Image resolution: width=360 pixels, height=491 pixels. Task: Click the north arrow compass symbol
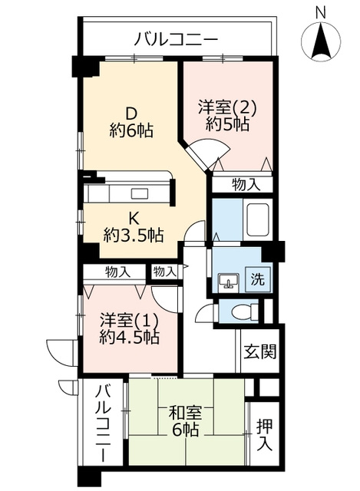point(321,41)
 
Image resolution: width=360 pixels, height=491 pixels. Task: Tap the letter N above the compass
point(320,12)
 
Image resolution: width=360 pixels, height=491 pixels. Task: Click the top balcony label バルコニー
point(176,40)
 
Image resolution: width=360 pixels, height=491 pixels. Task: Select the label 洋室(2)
point(227,108)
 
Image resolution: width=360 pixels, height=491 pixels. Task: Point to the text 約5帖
point(227,124)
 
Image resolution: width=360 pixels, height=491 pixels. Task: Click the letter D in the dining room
point(131,114)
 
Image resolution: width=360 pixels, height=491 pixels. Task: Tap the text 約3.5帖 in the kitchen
point(134,235)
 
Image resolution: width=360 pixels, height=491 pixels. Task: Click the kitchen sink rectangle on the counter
point(139,193)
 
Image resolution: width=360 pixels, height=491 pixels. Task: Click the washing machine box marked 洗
point(257,279)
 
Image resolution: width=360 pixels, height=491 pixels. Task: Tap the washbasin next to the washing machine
point(229,281)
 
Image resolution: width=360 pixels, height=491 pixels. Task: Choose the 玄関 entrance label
point(260,351)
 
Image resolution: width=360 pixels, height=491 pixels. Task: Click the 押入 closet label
point(265,435)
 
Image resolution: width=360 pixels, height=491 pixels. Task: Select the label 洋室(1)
point(129,321)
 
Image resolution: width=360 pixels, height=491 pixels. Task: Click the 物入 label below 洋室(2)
point(246,185)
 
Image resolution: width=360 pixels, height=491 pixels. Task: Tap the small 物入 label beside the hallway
point(165,272)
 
